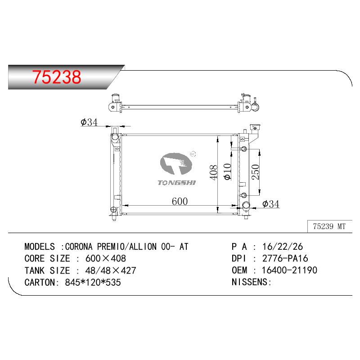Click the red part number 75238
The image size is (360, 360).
(57, 77)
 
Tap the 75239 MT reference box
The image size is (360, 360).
(329, 226)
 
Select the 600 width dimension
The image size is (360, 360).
(180, 201)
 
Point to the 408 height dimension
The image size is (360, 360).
(213, 172)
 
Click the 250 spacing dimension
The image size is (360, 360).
(255, 172)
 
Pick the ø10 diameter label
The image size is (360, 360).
(227, 172)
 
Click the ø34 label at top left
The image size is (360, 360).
(89, 122)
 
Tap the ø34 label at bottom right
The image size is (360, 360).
(271, 204)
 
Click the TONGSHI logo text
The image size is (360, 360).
(176, 183)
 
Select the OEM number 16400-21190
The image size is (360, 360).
(289, 270)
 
